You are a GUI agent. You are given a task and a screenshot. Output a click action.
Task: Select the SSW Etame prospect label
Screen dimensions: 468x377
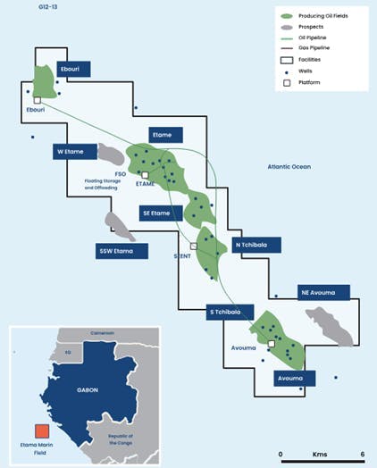tap(121, 252)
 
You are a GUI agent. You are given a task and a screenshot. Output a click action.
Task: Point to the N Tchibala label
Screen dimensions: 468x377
tap(254, 245)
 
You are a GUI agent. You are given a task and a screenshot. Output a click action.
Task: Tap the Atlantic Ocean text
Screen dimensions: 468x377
tap(293, 167)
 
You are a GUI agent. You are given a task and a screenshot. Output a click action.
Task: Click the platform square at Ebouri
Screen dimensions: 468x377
tap(38, 100)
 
